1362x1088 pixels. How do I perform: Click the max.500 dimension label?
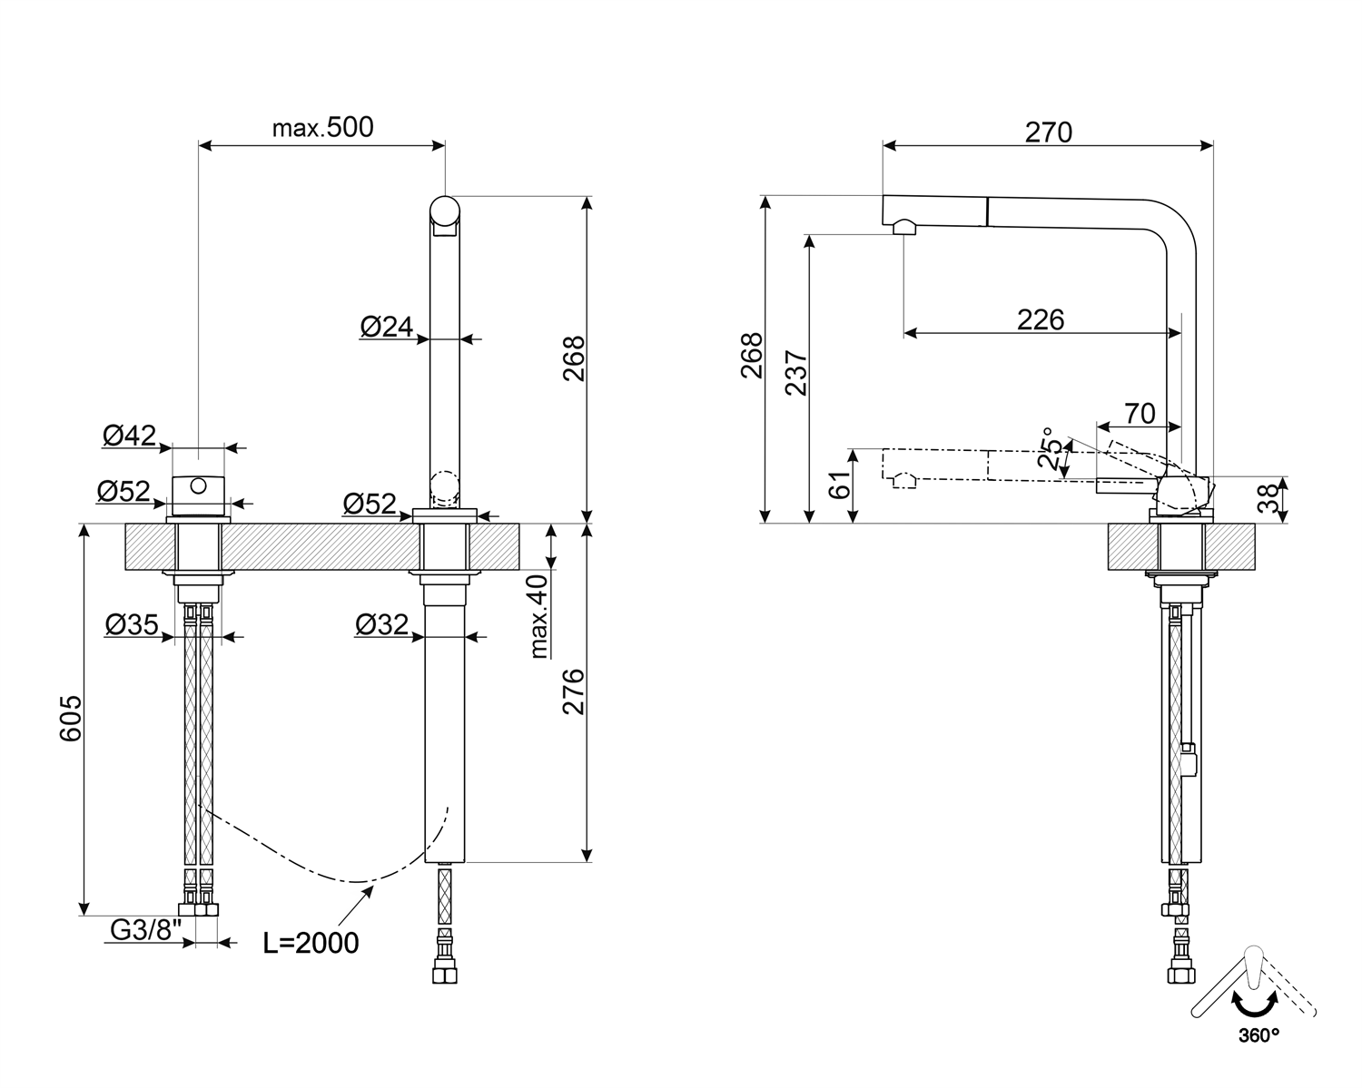pyautogui.click(x=322, y=127)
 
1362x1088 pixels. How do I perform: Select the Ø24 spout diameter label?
pyautogui.click(x=386, y=327)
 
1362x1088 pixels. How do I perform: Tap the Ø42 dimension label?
pyautogui.click(x=129, y=436)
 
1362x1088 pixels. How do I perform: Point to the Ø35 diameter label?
pyautogui.click(x=132, y=624)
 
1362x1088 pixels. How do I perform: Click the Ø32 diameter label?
pyautogui.click(x=381, y=624)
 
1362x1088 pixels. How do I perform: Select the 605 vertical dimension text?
pyautogui.click(x=71, y=719)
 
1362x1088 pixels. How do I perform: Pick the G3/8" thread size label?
pyautogui.click(x=146, y=930)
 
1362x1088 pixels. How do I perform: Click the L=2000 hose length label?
pyautogui.click(x=311, y=943)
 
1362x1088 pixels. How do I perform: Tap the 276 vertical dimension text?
pyautogui.click(x=574, y=691)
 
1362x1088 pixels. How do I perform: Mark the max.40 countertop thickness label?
pyautogui.click(x=539, y=615)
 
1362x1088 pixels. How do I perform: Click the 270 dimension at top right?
pyautogui.click(x=1049, y=132)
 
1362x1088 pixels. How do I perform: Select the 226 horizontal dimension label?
pyautogui.click(x=1040, y=319)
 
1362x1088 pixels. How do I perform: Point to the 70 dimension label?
pyautogui.click(x=1140, y=414)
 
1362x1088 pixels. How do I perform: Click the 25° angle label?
pyautogui.click(x=1051, y=448)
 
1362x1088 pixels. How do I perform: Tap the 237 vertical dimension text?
pyautogui.click(x=795, y=372)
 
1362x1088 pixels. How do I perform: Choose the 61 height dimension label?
pyautogui.click(x=841, y=485)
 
